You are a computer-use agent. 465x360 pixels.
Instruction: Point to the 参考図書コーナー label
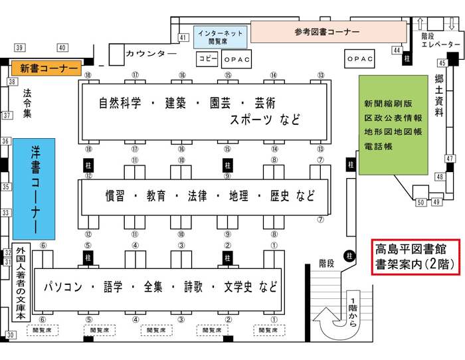point(327,31)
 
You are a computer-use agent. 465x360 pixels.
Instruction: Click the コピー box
point(207,59)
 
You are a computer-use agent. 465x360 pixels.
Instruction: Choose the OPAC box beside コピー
point(236,60)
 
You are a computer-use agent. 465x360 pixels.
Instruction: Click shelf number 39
point(20,48)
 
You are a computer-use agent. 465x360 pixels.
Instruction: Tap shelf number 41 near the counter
point(184,37)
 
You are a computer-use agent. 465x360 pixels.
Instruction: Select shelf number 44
point(397,50)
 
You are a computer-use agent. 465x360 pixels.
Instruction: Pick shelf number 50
point(420,201)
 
